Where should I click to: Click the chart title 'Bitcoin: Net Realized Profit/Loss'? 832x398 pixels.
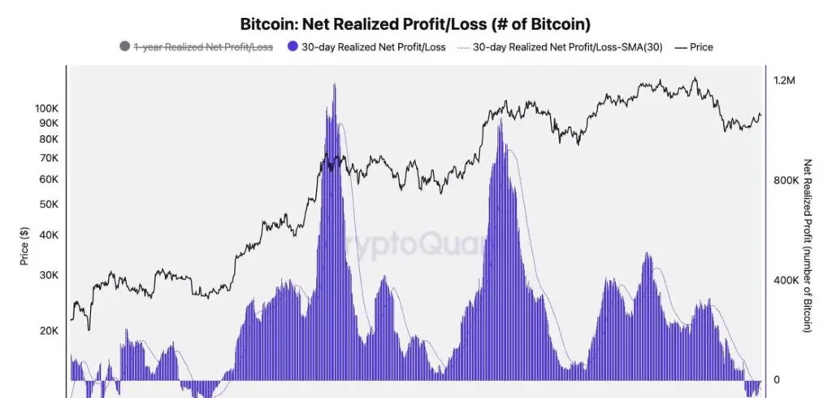[x=415, y=24]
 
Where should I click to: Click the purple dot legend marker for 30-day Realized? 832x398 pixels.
[x=294, y=47]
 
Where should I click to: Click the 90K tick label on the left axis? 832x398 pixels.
[x=48, y=123]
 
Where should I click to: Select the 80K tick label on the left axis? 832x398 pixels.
[x=48, y=139]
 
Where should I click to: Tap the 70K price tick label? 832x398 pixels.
[x=48, y=158]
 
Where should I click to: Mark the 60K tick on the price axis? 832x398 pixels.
[x=48, y=179]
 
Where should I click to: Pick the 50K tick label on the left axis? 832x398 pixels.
[x=48, y=204]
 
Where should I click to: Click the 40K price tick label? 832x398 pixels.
[x=48, y=235]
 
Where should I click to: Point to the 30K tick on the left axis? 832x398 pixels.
[x=48, y=275]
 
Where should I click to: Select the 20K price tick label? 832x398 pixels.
[x=48, y=331]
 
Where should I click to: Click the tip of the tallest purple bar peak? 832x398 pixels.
[x=334, y=83]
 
